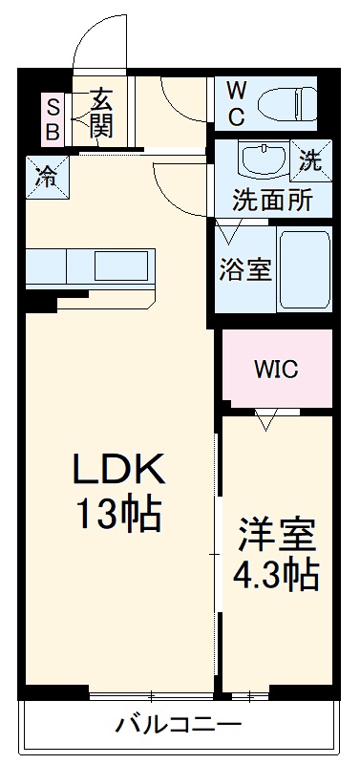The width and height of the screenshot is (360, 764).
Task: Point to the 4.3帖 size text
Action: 277,574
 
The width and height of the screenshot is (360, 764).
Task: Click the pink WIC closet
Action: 277,369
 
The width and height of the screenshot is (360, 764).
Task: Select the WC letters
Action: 236,103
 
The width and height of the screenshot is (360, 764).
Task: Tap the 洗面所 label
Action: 273,202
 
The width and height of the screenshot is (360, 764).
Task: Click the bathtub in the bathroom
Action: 305,268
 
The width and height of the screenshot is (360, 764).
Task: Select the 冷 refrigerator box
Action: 46,176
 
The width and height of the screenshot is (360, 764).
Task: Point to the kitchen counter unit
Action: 89,266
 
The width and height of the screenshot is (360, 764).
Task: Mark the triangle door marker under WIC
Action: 268,420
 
